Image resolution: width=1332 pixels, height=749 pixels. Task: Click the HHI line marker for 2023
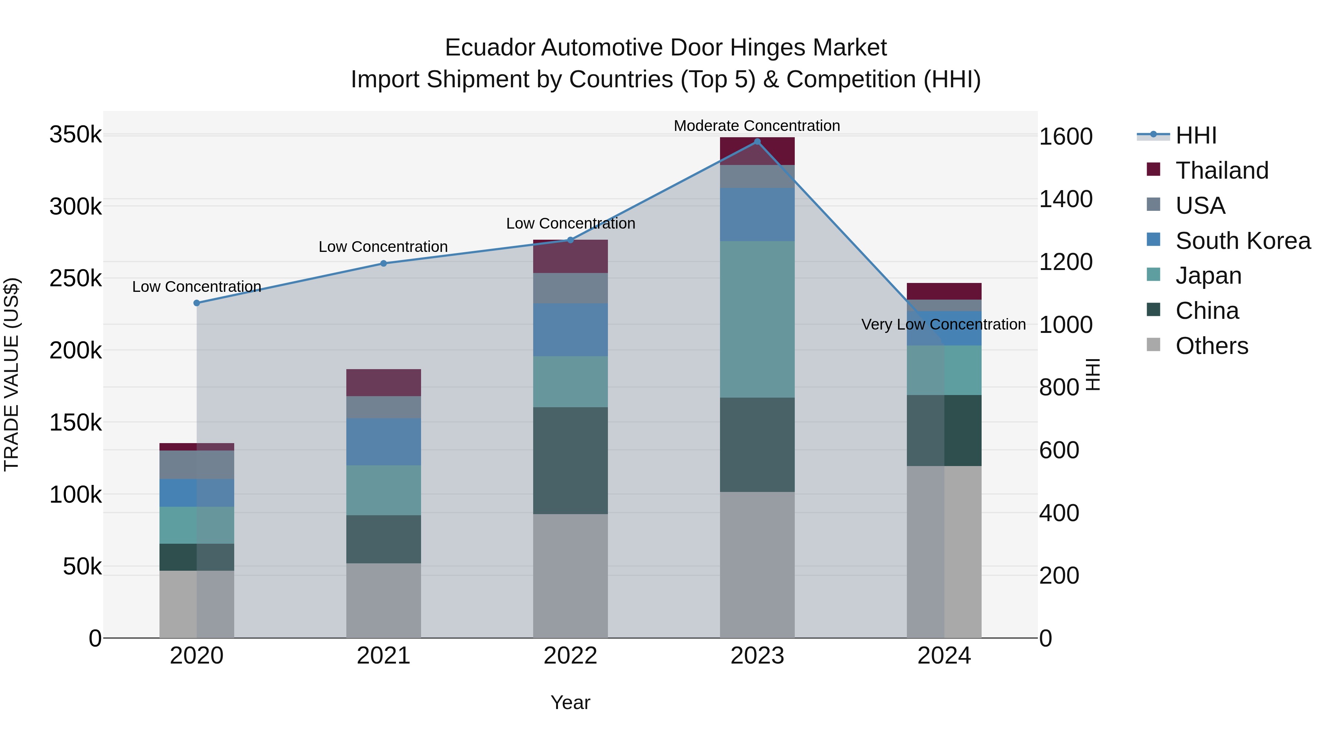coord(757,142)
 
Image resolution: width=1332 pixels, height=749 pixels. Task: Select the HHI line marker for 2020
coord(196,303)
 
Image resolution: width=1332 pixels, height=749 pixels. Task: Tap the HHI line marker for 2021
coord(384,264)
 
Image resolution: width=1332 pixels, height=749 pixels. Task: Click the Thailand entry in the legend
coord(1221,171)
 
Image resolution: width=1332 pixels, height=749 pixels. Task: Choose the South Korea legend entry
coord(1242,241)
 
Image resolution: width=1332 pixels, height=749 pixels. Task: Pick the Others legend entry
coord(1211,346)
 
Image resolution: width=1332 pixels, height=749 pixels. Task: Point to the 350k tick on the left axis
coord(75,135)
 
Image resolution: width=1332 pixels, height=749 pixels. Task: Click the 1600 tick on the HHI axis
coord(1065,137)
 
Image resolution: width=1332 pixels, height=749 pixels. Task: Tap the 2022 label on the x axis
coord(570,656)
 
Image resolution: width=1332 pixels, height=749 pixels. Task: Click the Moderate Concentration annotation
coord(757,126)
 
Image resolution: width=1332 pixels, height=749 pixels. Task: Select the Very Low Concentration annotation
coord(943,325)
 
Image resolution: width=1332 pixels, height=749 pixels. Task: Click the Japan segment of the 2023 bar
coord(757,319)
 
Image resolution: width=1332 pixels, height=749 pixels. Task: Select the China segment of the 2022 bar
coord(570,460)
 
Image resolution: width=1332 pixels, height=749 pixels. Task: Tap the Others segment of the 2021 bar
coord(384,600)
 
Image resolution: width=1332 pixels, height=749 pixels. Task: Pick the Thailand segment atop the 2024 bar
coord(944,291)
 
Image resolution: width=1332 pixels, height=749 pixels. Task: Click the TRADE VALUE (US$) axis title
coord(11,374)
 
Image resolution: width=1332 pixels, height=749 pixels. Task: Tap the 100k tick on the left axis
coord(75,495)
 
